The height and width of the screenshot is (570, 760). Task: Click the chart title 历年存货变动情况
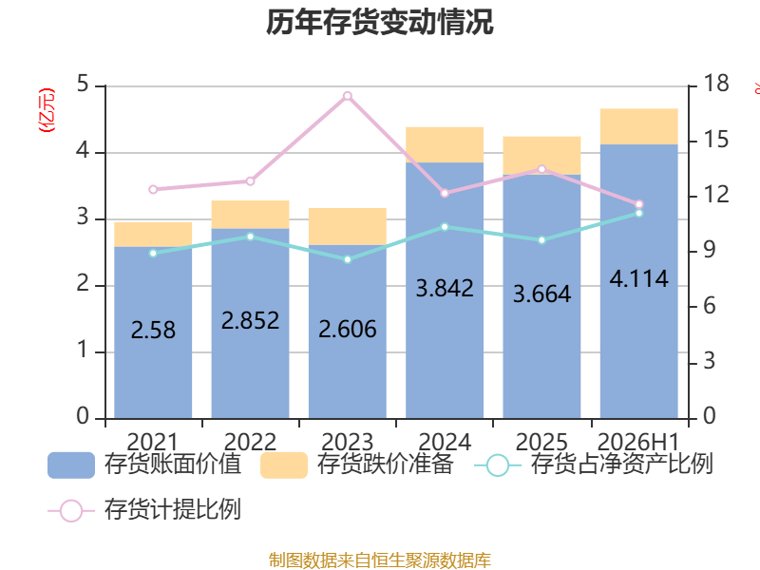pos(379,22)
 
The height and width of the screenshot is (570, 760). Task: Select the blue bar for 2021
pos(153,332)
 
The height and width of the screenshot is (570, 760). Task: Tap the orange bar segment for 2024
pos(445,144)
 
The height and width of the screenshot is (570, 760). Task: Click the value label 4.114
pos(638,278)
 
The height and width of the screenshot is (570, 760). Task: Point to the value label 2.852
pos(250,320)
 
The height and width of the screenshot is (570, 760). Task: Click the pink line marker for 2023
pos(348,96)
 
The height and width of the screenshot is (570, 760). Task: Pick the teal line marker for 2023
pos(348,259)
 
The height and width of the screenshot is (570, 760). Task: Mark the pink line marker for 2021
pos(153,189)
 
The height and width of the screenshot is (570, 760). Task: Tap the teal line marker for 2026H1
pos(638,213)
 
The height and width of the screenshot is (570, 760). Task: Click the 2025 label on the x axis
pos(541,442)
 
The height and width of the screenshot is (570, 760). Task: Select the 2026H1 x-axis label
pos(638,442)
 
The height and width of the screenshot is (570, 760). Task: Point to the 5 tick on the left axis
pos(83,85)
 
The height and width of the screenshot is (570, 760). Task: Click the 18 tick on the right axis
pos(716,84)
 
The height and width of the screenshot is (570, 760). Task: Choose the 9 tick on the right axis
pos(709,250)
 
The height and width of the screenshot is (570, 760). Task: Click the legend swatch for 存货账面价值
pos(71,465)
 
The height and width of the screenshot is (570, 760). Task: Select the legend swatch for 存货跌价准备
pos(284,465)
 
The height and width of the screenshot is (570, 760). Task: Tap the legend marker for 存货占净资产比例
pos(497,465)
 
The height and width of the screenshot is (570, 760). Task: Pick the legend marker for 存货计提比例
pos(71,510)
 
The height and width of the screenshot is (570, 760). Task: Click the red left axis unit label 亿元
pos(47,110)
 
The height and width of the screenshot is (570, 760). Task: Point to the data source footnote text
pos(379,560)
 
